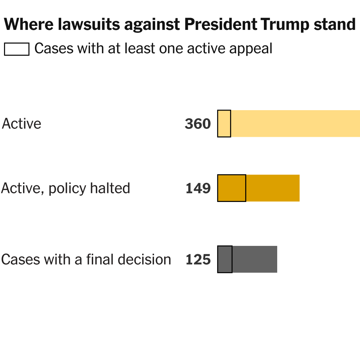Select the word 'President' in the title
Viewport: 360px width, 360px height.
coord(219,25)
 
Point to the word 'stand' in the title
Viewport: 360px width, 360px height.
coord(335,25)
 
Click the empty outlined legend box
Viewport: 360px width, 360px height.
coord(17,49)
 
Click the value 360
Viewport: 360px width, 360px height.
coord(198,124)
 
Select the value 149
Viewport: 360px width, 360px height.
coord(198,188)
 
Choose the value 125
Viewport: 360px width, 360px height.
coord(198,260)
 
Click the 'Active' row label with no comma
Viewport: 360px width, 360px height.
coord(22,124)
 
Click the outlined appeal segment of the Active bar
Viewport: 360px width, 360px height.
coord(224,123)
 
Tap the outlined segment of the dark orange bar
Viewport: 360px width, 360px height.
coord(231,188)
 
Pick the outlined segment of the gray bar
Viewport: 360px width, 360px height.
coord(225,259)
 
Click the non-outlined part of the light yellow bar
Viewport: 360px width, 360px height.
coord(295,123)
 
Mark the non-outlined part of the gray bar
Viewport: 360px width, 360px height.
coord(255,259)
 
